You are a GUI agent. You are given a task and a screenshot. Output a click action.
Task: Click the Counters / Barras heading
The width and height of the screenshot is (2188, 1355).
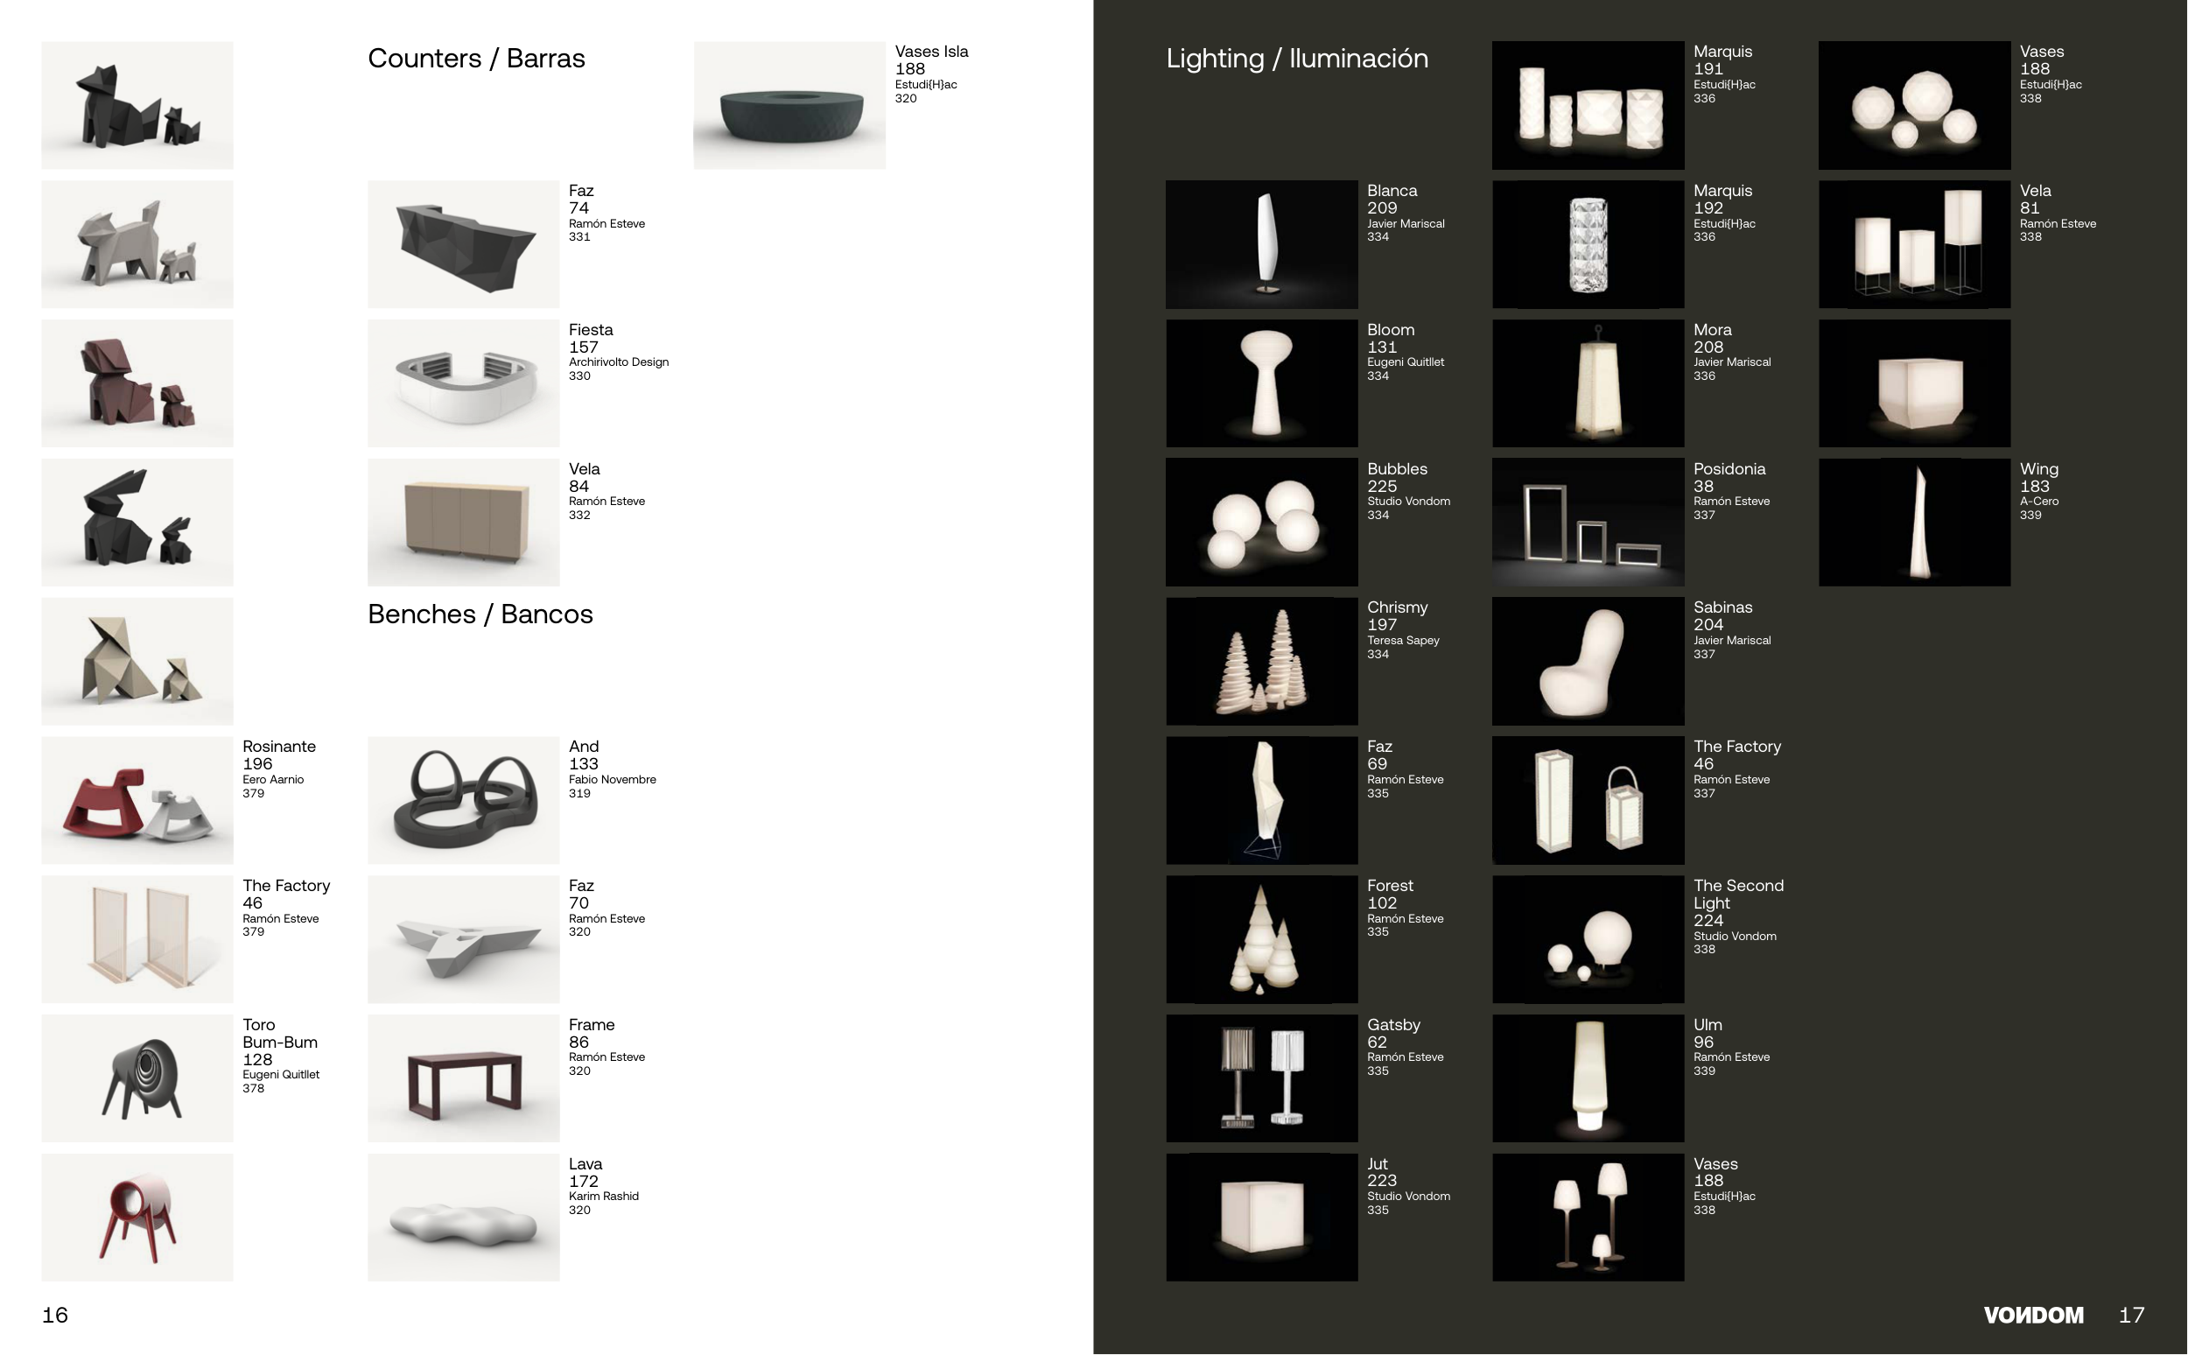pos(476,59)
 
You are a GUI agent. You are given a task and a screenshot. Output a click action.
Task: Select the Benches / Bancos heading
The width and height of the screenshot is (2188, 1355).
pos(480,614)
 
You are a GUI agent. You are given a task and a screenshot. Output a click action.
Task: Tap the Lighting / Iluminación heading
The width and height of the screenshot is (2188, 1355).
pos(1296,59)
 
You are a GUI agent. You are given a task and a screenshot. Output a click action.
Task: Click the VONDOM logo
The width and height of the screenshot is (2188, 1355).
pos(2033,1315)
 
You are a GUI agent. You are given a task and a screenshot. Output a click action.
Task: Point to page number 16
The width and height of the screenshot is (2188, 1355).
pos(54,1315)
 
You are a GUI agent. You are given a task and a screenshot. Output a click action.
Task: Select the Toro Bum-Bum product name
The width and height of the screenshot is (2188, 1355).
pos(279,1033)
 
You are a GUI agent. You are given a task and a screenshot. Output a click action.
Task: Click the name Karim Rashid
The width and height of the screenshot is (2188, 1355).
pos(603,1197)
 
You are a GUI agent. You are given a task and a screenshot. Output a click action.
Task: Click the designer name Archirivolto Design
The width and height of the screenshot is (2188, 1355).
pos(618,362)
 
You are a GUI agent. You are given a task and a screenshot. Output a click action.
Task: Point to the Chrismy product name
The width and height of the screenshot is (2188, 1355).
pos(1397,607)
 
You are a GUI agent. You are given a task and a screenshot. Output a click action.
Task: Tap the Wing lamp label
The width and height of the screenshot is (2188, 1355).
pos(2038,468)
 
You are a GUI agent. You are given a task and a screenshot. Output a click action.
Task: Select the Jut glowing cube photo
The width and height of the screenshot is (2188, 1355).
pos(1261,1216)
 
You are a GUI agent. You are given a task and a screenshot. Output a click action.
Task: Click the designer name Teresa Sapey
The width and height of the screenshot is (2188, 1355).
pos(1402,641)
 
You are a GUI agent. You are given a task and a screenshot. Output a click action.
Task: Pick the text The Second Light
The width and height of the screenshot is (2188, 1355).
pos(1737,895)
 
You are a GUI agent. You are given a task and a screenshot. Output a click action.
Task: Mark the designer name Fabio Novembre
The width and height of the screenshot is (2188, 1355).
pos(612,780)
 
